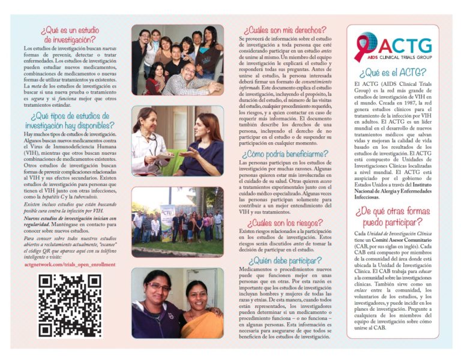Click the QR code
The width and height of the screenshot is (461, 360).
(x=70, y=305)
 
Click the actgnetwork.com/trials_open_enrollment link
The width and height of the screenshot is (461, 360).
(x=70, y=263)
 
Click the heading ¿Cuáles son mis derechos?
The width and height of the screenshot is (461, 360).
(x=285, y=29)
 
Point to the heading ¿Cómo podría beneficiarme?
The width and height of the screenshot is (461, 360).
(x=285, y=154)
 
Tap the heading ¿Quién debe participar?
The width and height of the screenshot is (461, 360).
(x=285, y=260)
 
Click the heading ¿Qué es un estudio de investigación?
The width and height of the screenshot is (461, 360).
(x=70, y=35)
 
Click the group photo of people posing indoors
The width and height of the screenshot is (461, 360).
(x=177, y=60)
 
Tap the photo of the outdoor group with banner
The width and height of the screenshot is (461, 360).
(x=177, y=221)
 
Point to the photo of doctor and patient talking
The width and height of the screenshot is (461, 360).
(x=177, y=142)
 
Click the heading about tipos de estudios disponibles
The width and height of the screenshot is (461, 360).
(x=70, y=121)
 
